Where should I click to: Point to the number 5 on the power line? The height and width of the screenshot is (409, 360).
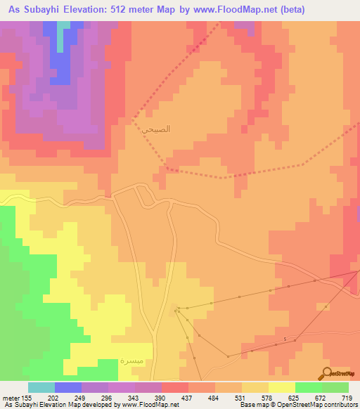coord(285,340)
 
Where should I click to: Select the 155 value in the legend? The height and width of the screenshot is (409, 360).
coord(23,397)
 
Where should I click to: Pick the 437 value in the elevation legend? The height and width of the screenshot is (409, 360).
coord(188,397)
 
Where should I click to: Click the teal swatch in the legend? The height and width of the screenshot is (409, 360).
coord(41,387)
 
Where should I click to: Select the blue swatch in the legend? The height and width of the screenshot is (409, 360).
coord(67,387)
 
